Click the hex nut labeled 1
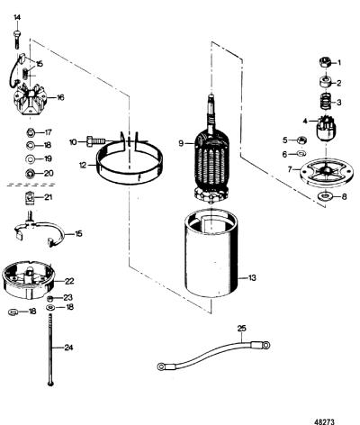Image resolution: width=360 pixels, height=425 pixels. point(325,62)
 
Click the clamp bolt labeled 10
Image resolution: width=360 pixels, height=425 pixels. point(96,140)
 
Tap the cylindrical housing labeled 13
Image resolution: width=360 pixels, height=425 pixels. point(212,253)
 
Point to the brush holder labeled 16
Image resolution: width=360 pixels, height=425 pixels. point(30,99)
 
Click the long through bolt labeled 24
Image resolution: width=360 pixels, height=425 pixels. point(50,349)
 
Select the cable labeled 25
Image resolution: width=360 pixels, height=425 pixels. point(213,356)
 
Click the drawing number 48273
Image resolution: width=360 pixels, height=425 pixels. point(324,421)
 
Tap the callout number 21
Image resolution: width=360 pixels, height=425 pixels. point(49,197)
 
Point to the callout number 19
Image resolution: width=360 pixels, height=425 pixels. point(48,158)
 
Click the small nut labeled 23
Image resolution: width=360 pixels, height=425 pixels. point(50,298)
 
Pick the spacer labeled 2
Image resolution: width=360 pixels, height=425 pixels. point(325,82)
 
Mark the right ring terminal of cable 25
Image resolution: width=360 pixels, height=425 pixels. point(265,346)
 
